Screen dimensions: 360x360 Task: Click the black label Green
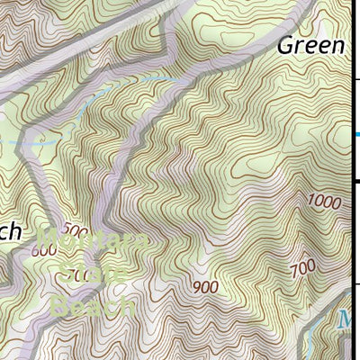click(310, 46)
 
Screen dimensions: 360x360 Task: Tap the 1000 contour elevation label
click(323, 202)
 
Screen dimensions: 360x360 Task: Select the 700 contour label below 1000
click(302, 266)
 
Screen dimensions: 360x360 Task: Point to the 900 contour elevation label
click(205, 287)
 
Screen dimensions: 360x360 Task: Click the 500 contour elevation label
click(77, 230)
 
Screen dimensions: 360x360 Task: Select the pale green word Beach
click(93, 306)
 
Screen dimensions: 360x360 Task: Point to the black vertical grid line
click(358, 225)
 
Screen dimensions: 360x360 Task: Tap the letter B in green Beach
click(60, 306)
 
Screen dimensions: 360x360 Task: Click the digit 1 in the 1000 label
click(310, 202)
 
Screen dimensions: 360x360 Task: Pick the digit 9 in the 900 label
click(196, 287)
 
